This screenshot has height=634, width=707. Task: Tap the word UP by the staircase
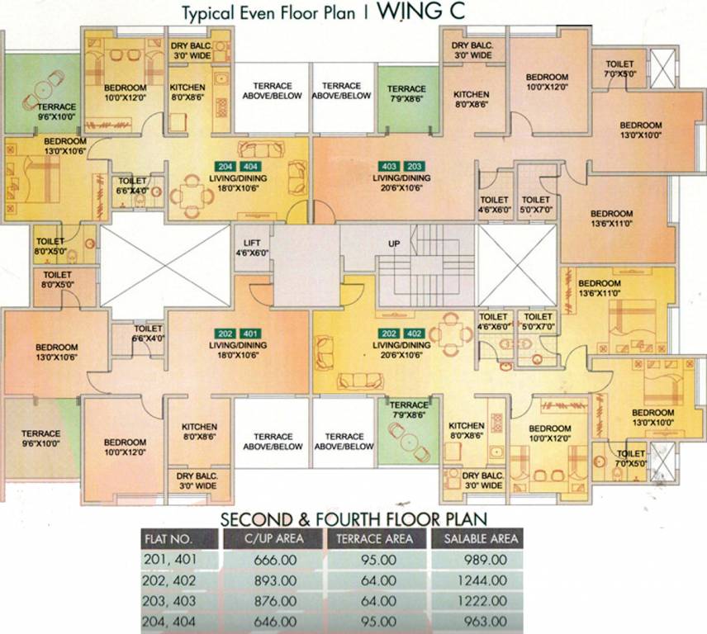tap(394, 244)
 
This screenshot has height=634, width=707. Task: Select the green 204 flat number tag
tap(224, 165)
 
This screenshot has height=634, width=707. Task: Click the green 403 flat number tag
tap(389, 165)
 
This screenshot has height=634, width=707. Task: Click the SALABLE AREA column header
tap(482, 538)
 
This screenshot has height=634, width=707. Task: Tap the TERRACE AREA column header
tap(376, 538)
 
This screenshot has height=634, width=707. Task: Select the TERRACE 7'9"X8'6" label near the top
tap(406, 93)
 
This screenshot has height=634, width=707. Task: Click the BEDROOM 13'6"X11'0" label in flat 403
tap(612, 217)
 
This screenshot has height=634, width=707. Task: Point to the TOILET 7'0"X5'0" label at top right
tap(619, 69)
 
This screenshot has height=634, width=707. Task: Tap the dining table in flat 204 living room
tap(189, 196)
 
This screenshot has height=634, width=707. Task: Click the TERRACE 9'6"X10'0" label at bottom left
tap(40, 438)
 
